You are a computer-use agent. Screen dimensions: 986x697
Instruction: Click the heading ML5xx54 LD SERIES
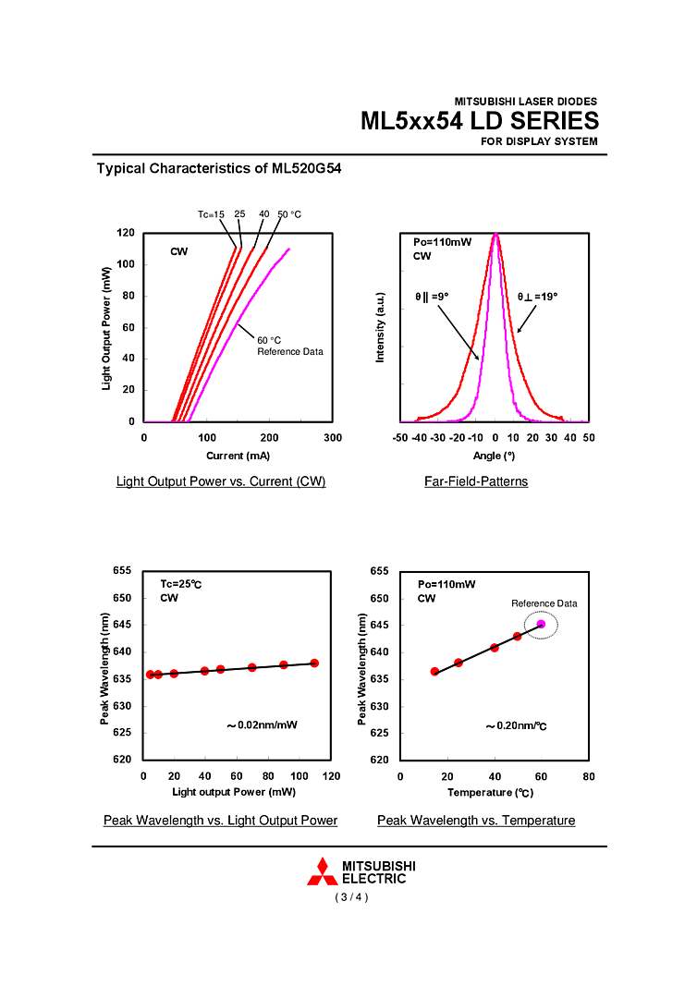point(479,121)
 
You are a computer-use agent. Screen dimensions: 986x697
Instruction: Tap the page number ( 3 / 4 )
point(351,897)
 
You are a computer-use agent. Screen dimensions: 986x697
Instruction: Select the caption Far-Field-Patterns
point(476,481)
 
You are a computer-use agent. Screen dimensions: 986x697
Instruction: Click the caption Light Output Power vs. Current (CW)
point(221,481)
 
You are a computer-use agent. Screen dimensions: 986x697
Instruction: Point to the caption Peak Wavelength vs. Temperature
point(476,821)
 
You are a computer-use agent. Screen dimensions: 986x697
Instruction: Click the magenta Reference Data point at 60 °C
point(541,625)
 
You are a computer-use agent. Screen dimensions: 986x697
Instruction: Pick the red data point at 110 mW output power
point(314,663)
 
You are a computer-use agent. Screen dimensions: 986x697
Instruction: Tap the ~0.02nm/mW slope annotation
point(263,725)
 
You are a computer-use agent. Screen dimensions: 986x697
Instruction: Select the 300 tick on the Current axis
point(334,438)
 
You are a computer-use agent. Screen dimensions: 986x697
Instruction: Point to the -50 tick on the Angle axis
point(400,438)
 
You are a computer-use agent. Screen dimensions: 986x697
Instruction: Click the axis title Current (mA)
point(238,456)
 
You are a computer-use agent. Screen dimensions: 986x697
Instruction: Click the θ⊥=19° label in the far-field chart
point(537,297)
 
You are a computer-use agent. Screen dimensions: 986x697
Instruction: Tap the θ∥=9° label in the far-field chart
point(432,297)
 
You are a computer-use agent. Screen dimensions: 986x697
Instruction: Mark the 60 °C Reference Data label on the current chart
point(289,346)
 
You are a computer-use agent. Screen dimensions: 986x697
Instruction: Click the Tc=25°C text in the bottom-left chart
point(181,584)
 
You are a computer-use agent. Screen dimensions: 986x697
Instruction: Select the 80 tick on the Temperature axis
point(589,776)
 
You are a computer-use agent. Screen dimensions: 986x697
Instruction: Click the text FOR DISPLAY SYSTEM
point(539,141)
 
